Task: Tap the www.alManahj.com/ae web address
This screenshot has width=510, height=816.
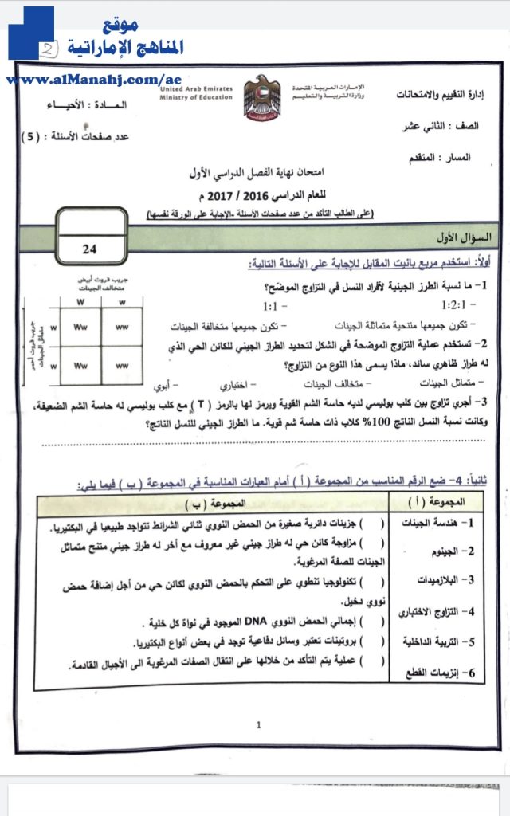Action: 94,80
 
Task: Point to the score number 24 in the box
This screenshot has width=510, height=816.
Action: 89,249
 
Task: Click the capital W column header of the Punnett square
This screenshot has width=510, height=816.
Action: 80,302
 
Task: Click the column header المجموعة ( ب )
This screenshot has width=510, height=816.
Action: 214,504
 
